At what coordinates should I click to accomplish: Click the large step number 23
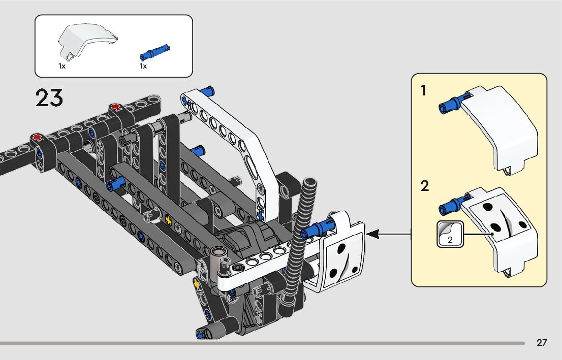tap(49, 98)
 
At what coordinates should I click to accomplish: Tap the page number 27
tap(542, 342)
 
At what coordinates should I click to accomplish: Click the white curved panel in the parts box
tap(86, 40)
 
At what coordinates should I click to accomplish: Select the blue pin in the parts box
tap(154, 52)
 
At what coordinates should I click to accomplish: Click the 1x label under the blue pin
tap(143, 66)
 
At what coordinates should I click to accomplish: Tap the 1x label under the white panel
tap(62, 66)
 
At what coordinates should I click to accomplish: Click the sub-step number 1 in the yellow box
tap(424, 90)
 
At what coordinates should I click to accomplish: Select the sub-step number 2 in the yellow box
tap(425, 186)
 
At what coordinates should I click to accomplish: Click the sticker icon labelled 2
tap(450, 234)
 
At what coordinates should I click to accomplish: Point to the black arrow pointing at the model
tap(389, 235)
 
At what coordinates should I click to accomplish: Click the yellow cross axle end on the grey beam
tap(168, 219)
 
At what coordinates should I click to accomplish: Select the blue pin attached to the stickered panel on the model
tap(318, 228)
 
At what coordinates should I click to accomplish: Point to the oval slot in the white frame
tap(251, 168)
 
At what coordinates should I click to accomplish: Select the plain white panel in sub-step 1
tap(502, 129)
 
